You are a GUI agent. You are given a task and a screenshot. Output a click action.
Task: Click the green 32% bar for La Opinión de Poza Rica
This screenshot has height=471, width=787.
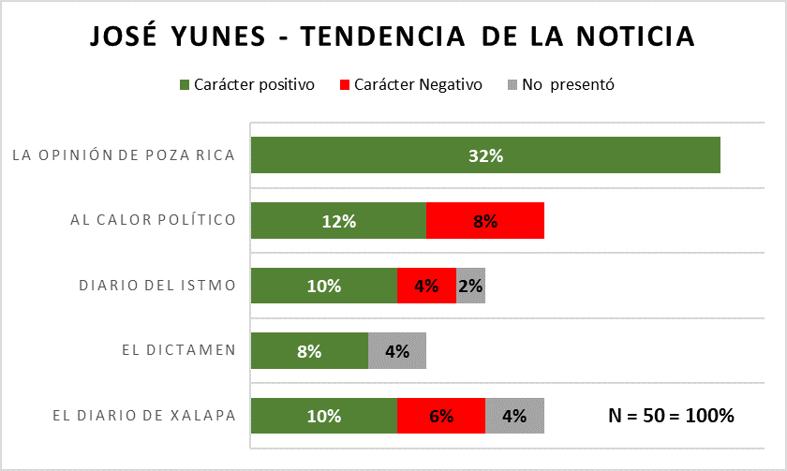click(x=485, y=155)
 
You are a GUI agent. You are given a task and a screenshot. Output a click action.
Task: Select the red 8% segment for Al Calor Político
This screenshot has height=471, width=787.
click(x=485, y=221)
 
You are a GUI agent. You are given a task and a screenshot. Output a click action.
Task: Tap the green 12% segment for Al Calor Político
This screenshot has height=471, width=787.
click(x=339, y=221)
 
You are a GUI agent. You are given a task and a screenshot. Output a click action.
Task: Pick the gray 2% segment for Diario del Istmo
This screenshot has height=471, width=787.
click(x=470, y=286)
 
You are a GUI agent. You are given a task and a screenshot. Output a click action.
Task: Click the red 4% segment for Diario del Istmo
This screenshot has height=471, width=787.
click(x=426, y=286)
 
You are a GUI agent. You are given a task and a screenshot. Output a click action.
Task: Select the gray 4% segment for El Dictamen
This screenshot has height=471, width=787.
click(x=397, y=351)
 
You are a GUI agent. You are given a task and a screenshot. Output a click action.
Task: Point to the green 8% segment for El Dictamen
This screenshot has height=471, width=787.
click(x=310, y=351)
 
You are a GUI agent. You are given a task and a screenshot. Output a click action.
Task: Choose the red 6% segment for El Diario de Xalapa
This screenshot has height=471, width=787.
click(x=441, y=416)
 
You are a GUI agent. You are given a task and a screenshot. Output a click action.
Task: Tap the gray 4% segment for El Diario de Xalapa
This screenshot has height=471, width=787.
click(x=514, y=416)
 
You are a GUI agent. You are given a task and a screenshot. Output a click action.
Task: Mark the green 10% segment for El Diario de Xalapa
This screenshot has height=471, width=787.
click(x=324, y=416)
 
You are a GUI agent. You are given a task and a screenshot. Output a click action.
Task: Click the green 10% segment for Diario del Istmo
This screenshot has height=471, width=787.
click(x=324, y=286)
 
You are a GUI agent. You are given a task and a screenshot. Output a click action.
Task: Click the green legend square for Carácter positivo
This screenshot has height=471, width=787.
click(x=184, y=85)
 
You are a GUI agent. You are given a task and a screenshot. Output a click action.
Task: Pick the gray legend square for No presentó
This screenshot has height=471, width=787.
click(x=512, y=85)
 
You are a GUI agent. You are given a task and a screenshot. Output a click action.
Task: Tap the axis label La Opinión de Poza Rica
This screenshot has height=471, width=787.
click(x=123, y=155)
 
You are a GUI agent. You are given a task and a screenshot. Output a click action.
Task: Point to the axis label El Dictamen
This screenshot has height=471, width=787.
click(x=178, y=351)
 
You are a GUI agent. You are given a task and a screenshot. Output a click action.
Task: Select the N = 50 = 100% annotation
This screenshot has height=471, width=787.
click(x=672, y=416)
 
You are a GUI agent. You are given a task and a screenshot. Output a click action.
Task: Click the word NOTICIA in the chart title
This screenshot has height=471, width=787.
click(x=634, y=37)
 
